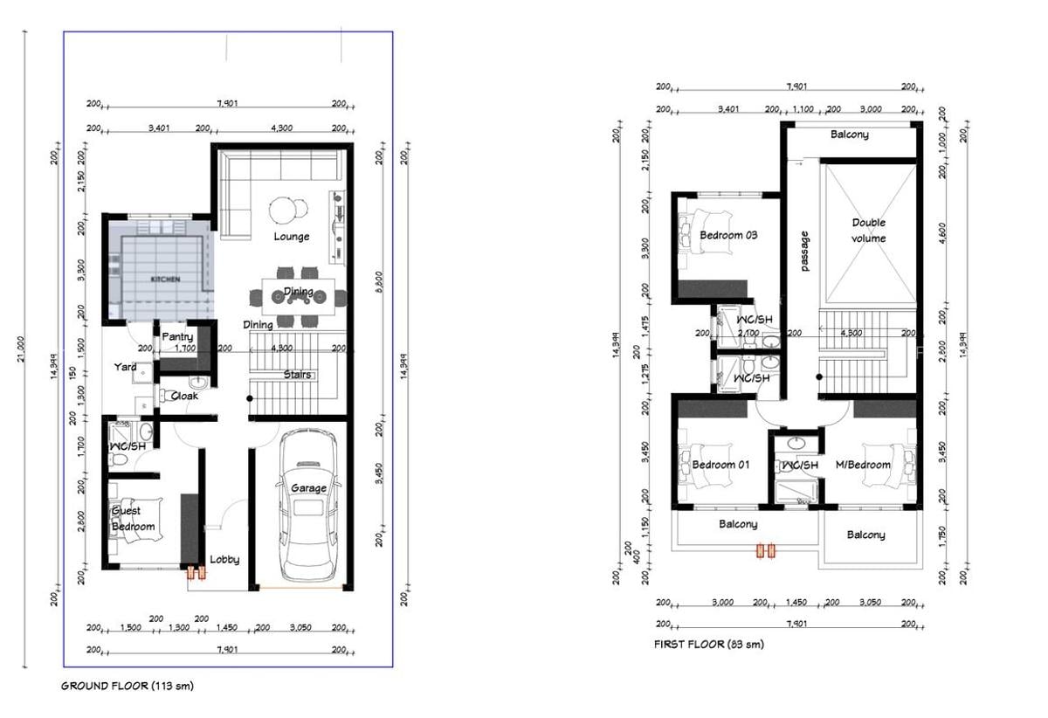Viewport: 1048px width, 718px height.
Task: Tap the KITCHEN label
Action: (165, 280)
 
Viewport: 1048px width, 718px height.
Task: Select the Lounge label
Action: (291, 237)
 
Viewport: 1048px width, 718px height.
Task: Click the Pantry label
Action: (177, 336)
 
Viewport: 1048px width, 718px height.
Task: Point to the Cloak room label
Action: (184, 396)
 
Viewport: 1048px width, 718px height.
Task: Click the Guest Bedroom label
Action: (133, 519)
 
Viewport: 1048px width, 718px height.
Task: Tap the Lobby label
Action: (224, 560)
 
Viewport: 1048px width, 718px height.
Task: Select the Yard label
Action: (125, 367)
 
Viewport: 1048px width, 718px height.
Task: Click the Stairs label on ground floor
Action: (297, 375)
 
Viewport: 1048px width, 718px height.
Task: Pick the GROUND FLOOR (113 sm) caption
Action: (128, 686)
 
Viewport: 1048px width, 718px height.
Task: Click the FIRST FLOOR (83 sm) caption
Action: (708, 644)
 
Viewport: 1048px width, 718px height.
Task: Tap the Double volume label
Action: (869, 231)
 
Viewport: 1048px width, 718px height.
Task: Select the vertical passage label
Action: (805, 251)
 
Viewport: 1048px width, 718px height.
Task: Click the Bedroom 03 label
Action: (728, 235)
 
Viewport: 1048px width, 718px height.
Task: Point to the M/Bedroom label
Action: (863, 465)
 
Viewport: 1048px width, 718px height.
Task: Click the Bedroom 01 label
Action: (720, 465)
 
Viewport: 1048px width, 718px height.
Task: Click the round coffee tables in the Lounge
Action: (288, 211)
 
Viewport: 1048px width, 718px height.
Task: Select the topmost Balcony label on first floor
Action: (849, 135)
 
